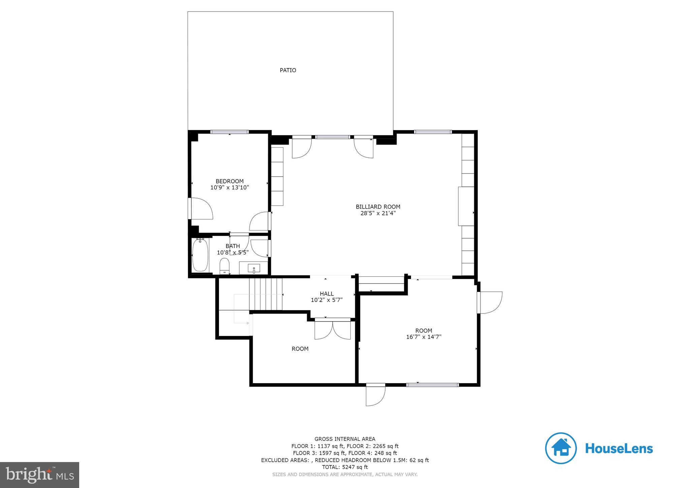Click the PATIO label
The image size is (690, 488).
[288, 70]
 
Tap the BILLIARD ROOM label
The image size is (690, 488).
[378, 207]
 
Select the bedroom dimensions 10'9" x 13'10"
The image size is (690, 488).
[229, 187]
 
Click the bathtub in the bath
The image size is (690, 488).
[200, 255]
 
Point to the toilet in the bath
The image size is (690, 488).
[224, 266]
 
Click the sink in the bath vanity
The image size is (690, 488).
[254, 269]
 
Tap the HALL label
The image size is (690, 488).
[326, 294]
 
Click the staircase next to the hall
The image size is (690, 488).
[265, 294]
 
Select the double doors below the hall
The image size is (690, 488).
[333, 330]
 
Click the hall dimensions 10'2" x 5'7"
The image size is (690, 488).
[326, 300]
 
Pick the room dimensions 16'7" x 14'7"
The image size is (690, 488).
[424, 337]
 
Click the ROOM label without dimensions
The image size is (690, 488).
[300, 349]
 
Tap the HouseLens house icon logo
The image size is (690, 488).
[561, 448]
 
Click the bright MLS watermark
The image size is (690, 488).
[39, 475]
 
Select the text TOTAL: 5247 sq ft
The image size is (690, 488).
[345, 467]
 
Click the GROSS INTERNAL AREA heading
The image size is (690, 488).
[345, 439]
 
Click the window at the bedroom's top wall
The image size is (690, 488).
[229, 132]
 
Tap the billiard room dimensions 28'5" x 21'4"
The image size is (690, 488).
[378, 213]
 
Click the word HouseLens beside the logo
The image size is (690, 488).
[619, 449]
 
